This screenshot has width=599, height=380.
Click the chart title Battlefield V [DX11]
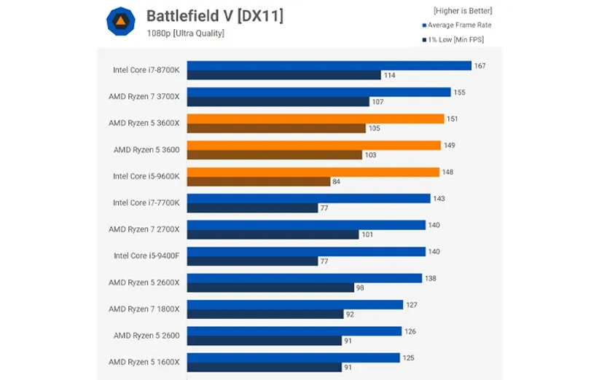click(x=215, y=16)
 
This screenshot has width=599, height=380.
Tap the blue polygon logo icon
click(x=121, y=21)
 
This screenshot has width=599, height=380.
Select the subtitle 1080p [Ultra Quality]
click(x=185, y=33)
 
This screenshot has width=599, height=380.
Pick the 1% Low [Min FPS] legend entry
click(x=453, y=40)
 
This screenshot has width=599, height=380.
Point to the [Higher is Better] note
click(x=463, y=11)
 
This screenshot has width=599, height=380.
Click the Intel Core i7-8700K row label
click(x=146, y=70)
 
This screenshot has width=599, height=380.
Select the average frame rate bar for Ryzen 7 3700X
click(x=319, y=92)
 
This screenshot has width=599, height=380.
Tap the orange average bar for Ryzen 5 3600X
click(x=316, y=119)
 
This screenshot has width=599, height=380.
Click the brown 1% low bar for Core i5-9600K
click(x=259, y=181)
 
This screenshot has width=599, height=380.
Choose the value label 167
click(x=479, y=66)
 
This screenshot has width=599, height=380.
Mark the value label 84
click(x=336, y=181)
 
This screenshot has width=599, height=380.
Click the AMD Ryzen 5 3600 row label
click(x=146, y=149)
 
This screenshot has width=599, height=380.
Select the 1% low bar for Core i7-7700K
click(x=253, y=208)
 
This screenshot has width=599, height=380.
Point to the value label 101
click(x=367, y=234)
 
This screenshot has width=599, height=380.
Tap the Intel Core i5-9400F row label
click(x=146, y=256)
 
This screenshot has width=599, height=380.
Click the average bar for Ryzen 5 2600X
click(x=305, y=278)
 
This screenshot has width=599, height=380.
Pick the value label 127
click(x=412, y=305)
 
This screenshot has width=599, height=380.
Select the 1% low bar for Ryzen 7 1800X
click(x=265, y=314)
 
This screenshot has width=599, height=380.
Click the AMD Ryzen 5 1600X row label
click(x=144, y=362)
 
